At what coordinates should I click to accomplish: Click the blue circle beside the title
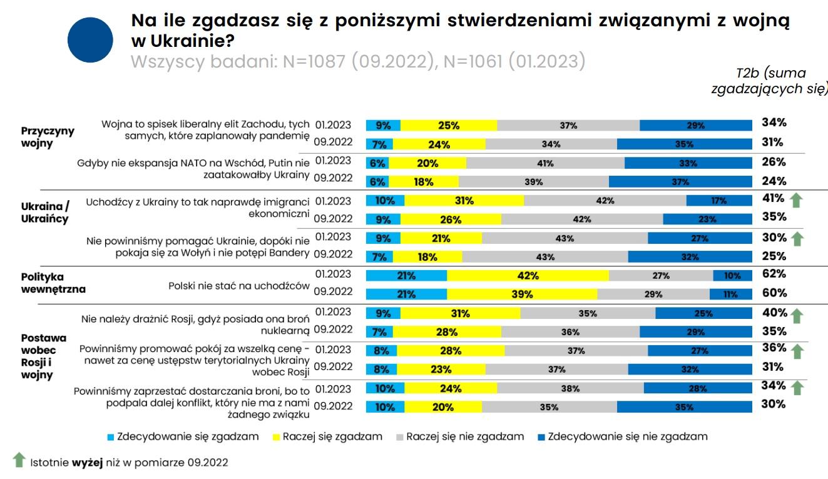(90, 40)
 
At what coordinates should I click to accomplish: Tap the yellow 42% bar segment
(528, 276)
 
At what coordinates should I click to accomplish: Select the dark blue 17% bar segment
(719, 201)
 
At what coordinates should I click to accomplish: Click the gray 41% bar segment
(545, 163)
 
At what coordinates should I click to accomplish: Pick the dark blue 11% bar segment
(731, 295)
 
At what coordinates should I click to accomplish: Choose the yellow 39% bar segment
(522, 295)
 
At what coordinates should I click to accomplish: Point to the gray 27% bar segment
(661, 276)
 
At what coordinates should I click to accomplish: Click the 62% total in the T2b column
(774, 274)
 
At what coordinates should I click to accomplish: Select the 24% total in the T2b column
(774, 181)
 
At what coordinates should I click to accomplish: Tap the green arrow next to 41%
(796, 200)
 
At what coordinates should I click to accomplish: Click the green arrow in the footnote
(19, 460)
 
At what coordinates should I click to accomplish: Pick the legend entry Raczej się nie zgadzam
(460, 436)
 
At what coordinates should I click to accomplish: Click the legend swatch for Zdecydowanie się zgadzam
(111, 437)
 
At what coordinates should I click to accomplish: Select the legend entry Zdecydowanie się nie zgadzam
(623, 436)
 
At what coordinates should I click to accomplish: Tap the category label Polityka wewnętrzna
(53, 283)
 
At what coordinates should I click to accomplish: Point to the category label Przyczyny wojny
(48, 137)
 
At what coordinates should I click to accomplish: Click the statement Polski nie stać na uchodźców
(239, 286)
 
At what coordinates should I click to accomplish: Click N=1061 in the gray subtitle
(473, 61)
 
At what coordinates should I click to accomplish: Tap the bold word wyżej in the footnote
(87, 462)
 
